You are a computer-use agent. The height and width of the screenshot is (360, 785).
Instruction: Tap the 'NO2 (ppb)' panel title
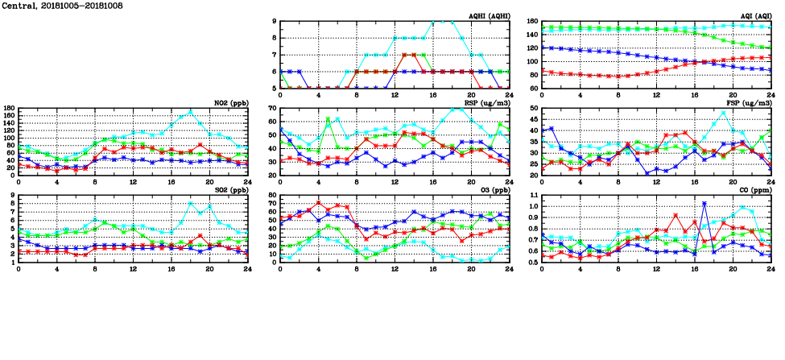click(x=231, y=103)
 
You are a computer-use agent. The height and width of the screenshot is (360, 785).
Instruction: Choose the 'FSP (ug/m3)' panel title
click(x=749, y=103)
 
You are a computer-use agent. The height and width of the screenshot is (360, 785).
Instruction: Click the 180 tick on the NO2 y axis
click(x=10, y=108)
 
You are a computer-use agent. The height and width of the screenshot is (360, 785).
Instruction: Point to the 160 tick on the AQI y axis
click(x=533, y=22)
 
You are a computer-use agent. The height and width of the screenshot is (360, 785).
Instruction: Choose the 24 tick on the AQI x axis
click(x=770, y=95)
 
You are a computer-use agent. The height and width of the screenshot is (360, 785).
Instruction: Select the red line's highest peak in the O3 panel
click(x=319, y=202)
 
